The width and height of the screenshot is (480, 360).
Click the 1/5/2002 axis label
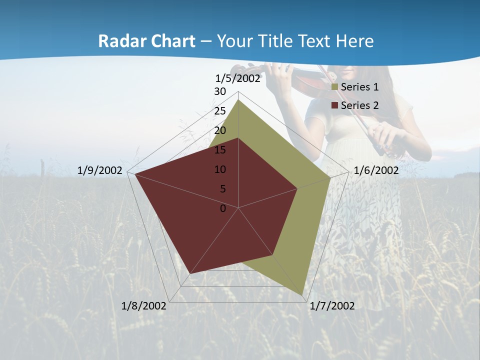238,78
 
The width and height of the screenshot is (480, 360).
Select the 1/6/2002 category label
376,170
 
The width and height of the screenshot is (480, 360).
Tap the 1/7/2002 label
332,306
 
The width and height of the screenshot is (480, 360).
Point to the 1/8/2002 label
144,306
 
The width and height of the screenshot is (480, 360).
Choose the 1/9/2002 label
100,170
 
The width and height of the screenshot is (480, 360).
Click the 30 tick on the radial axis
220,91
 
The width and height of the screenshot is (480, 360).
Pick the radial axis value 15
220,150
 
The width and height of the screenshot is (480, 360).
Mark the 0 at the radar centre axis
223,208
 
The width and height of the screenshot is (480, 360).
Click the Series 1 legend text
359,87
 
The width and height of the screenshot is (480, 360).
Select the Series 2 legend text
359,105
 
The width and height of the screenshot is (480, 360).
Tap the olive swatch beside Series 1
335,87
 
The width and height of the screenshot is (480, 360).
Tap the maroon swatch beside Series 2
335,105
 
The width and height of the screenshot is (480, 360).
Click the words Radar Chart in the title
146,41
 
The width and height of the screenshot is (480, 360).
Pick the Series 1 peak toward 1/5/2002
238,99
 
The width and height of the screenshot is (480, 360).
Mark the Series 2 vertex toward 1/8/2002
190,273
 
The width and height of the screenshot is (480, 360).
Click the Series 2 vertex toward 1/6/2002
297,188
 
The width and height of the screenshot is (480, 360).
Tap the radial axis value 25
220,111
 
